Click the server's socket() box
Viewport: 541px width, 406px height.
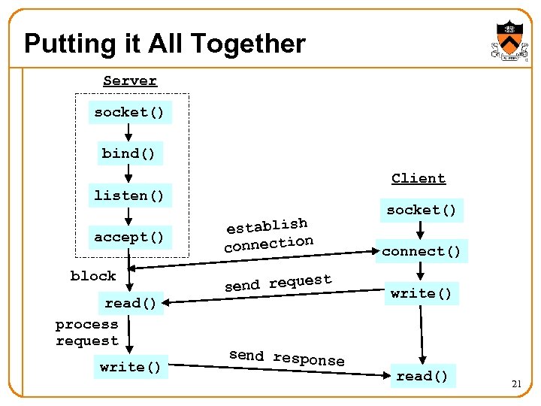click(x=128, y=113)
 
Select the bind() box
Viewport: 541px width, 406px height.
click(x=128, y=154)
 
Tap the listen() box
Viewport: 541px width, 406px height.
click(x=128, y=195)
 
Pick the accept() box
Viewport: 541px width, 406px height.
click(x=128, y=238)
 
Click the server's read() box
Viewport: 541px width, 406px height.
click(x=131, y=303)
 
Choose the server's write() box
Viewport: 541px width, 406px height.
click(x=131, y=367)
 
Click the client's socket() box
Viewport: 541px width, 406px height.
click(x=421, y=211)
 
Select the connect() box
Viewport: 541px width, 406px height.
click(x=421, y=251)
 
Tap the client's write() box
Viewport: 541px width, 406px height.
click(x=421, y=293)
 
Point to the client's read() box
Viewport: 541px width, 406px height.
click(x=421, y=376)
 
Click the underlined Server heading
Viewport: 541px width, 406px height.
click(x=130, y=81)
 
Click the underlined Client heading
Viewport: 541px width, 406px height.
click(x=419, y=179)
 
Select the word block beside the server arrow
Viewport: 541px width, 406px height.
click(x=93, y=276)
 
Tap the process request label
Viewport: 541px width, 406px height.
click(x=87, y=332)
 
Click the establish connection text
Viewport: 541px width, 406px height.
click(x=268, y=235)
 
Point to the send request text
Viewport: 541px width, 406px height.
click(x=278, y=283)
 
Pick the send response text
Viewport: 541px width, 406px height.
click(x=286, y=358)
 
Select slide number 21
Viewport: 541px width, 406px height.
click(x=516, y=384)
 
